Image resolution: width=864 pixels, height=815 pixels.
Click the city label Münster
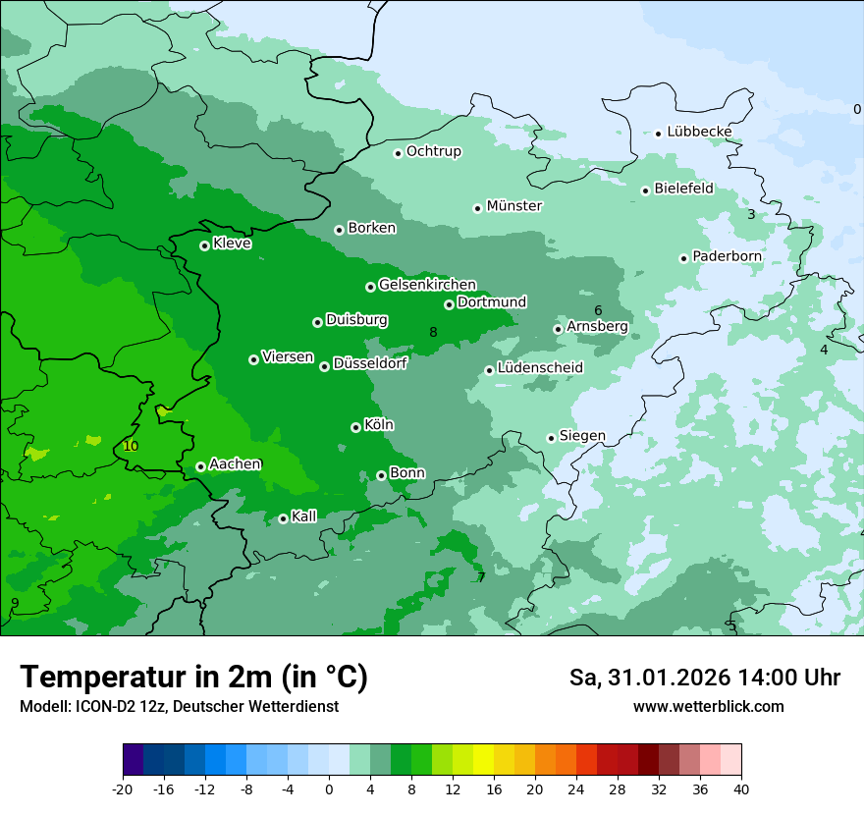click(x=514, y=206)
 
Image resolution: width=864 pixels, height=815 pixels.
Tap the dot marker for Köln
click(x=355, y=427)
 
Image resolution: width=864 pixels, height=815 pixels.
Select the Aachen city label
click(x=235, y=464)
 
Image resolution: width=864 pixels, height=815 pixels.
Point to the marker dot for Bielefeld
click(x=645, y=190)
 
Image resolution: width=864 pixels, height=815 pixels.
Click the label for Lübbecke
click(x=699, y=132)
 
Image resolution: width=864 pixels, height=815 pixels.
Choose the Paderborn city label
click(x=727, y=256)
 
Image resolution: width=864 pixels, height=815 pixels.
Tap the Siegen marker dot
click(x=551, y=438)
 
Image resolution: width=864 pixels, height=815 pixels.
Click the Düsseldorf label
click(x=370, y=363)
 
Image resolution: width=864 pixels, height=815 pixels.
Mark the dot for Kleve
click(x=204, y=245)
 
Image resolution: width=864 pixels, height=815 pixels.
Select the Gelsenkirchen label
click(x=427, y=285)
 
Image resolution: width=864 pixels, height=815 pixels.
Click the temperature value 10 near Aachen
click(x=131, y=446)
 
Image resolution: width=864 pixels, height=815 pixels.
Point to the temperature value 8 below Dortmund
click(x=433, y=332)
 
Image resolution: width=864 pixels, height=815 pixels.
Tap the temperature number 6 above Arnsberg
click(x=598, y=310)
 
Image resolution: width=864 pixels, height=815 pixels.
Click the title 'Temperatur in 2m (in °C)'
click(x=194, y=678)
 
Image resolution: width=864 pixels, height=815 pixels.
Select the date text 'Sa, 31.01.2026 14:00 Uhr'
click(x=704, y=678)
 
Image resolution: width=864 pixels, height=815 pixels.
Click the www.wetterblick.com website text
click(x=708, y=706)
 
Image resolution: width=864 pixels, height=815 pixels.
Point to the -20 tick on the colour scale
click(x=123, y=789)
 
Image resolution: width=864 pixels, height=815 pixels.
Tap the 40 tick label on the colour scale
click(x=741, y=789)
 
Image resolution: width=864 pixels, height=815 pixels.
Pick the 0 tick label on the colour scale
click(x=329, y=789)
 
